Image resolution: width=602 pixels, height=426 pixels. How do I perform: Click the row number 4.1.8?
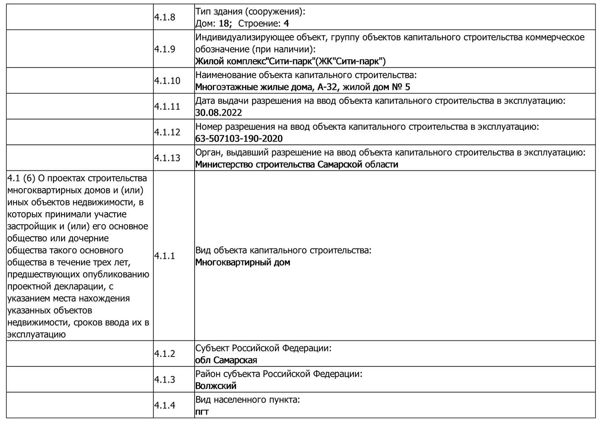[x=165, y=17]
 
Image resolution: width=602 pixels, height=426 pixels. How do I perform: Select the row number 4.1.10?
[x=167, y=80]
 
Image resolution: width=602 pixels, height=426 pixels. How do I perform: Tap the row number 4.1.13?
[x=167, y=158]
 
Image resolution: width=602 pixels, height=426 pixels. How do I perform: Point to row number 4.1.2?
[x=165, y=353]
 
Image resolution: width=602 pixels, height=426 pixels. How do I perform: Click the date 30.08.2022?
[x=219, y=113]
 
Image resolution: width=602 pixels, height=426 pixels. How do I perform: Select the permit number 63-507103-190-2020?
[x=239, y=138]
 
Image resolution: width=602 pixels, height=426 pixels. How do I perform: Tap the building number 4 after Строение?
[x=286, y=23]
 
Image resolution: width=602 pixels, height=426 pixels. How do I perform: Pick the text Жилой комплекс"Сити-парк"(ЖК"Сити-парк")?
[x=290, y=61]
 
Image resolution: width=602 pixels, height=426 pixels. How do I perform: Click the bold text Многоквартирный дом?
[x=243, y=262]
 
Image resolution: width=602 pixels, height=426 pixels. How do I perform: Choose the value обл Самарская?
[x=226, y=360]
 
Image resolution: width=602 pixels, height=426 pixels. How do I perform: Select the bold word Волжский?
[x=216, y=386]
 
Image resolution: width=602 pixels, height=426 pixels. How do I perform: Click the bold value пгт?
[x=202, y=412]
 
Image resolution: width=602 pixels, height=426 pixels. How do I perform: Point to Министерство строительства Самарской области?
[x=297, y=164]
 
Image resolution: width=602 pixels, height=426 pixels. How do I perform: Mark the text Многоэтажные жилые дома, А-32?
[x=266, y=87]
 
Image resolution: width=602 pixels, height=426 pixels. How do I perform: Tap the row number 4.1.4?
[x=165, y=405]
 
